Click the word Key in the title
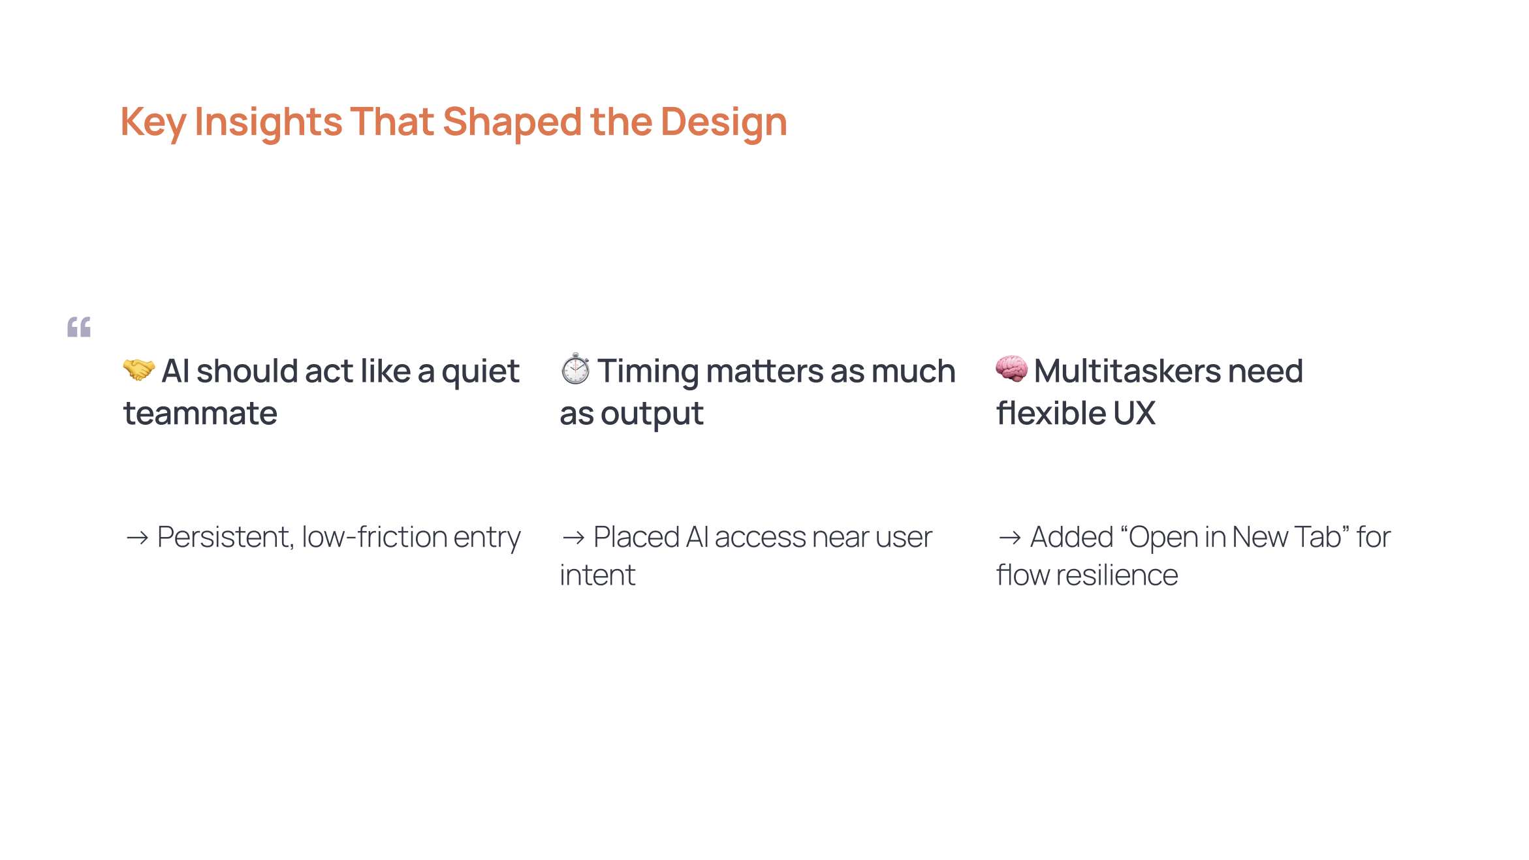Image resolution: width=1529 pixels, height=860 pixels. click(x=153, y=122)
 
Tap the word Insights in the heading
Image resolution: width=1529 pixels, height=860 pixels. click(x=268, y=122)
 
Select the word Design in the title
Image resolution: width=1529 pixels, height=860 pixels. click(x=723, y=122)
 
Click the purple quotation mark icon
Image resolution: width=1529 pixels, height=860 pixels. click(x=79, y=327)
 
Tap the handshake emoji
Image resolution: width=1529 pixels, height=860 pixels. click(x=139, y=370)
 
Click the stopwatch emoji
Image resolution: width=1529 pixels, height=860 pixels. click(x=575, y=369)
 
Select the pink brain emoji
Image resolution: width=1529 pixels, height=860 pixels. click(x=1011, y=369)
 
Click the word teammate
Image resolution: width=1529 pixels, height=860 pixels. click(x=200, y=414)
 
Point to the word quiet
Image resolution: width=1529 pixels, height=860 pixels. click(x=480, y=372)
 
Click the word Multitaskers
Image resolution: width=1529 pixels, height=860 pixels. click(x=1127, y=371)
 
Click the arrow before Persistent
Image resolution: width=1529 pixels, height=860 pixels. click(x=137, y=538)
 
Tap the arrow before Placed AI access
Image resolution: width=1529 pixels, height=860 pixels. click(x=573, y=538)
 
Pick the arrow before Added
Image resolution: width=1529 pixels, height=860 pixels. click(x=1009, y=538)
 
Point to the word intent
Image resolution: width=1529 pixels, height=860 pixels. click(x=597, y=576)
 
